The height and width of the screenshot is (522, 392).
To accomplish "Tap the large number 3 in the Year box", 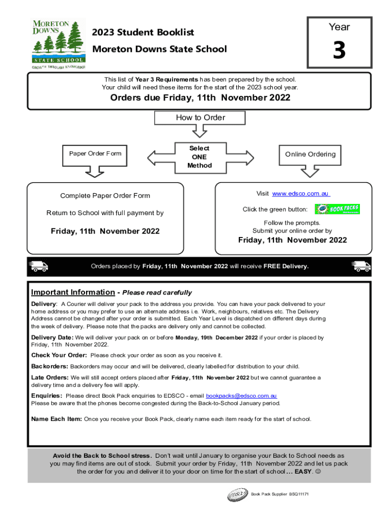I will coord(339,50).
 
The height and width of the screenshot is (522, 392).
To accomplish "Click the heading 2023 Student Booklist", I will coord(143,33).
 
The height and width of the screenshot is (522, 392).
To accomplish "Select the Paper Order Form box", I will coord(95,154).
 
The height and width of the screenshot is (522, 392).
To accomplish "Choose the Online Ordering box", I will coord(310,154).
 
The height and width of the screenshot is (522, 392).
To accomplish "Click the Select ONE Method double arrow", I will coord(199,156).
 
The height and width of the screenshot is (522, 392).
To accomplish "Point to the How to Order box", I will coord(200,118).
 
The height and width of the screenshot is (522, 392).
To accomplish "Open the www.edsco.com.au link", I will coord(301,194).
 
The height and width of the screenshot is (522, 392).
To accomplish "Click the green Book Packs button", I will coord(337,209).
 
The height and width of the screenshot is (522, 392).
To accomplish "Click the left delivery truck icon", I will coord(39,266).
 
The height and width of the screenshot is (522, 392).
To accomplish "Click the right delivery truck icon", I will coord(361,266).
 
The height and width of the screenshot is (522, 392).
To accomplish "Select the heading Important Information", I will coord(73,292).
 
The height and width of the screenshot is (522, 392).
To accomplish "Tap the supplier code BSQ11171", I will coord(299,494).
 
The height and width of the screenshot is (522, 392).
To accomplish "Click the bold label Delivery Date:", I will coord(52,337).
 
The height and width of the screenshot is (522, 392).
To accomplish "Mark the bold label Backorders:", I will coord(49,367).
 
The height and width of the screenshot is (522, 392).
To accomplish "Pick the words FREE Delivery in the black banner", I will coord(286,266).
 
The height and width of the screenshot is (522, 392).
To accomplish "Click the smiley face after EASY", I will coord(318,472).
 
